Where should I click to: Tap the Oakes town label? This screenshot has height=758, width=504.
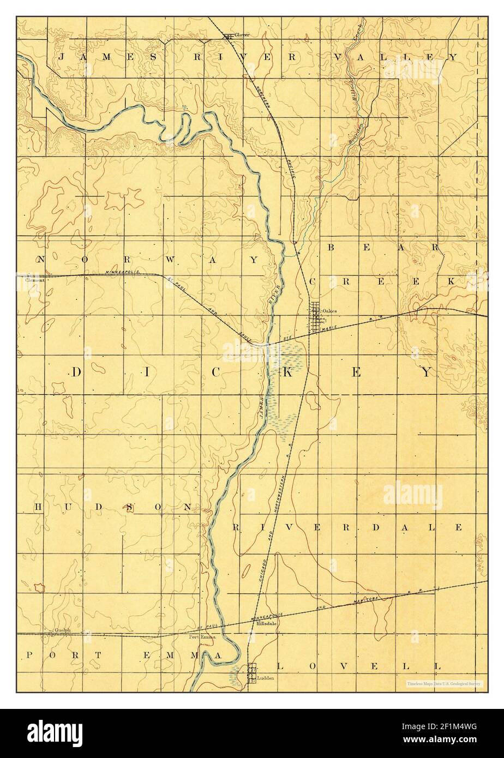(329, 311)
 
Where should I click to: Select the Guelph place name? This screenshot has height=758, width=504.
(63, 630)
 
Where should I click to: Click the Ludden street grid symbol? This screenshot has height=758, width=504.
(252, 672)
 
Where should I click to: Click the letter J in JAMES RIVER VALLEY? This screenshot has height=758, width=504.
(62, 57)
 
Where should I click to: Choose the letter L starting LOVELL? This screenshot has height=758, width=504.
(281, 666)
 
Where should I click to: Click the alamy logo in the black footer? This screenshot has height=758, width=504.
(53, 732)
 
